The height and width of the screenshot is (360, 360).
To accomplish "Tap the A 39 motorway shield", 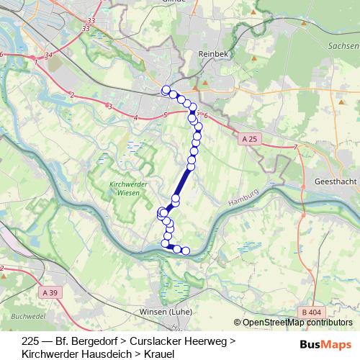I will (50, 293).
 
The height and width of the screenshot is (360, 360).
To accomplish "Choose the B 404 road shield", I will (312, 312).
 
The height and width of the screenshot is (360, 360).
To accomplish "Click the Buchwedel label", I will (29, 315).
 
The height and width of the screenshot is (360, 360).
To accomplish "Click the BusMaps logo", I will (325, 344).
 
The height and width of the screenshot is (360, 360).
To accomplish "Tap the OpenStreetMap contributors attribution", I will (297, 323).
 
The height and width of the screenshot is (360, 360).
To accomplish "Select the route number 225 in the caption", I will (31, 340).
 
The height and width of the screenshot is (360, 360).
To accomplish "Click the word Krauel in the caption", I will (158, 354).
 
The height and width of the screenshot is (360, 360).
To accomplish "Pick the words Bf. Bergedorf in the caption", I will (85, 340).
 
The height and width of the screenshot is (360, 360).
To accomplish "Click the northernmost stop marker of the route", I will (166, 90).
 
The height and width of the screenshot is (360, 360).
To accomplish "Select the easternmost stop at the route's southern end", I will (186, 251).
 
